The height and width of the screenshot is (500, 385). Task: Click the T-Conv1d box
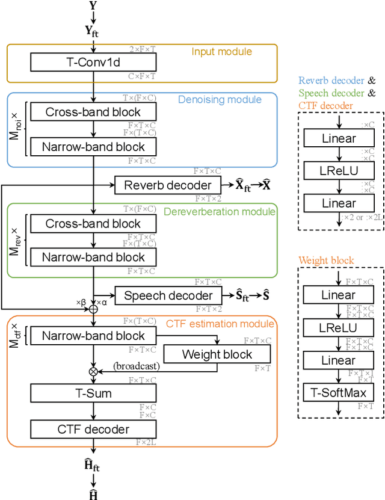click(x=93, y=62)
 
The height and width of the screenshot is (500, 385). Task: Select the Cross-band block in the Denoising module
click(x=93, y=111)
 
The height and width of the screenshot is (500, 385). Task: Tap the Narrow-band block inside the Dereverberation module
click(x=93, y=258)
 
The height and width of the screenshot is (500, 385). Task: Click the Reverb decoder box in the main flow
click(x=168, y=185)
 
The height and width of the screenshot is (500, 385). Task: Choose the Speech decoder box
click(x=168, y=295)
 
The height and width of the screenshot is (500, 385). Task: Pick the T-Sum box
click(x=93, y=394)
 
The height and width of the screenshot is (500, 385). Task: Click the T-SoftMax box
click(x=338, y=393)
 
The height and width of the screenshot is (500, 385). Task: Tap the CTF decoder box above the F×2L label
click(x=93, y=429)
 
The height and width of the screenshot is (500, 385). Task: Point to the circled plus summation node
click(x=93, y=309)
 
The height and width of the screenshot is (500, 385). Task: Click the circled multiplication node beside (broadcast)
click(x=93, y=372)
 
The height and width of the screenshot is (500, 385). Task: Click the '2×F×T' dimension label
click(x=142, y=48)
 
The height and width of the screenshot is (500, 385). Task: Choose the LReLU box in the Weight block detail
click(x=338, y=328)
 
